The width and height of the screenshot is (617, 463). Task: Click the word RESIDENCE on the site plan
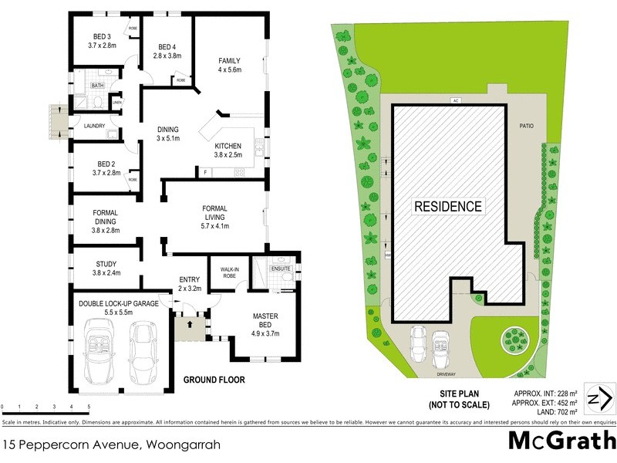click(x=448, y=207)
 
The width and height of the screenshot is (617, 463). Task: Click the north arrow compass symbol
click(x=599, y=399)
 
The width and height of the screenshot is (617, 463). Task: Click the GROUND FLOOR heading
click(x=214, y=380)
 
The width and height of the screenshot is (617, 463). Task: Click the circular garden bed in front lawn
click(x=512, y=337)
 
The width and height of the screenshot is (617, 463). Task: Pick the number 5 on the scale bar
click(x=89, y=407)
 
